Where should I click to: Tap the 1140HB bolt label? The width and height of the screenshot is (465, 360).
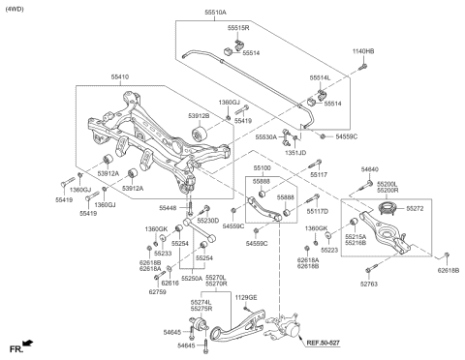point(362,50)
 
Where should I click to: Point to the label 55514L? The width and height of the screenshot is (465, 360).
point(320,76)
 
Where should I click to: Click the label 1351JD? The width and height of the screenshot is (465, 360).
point(295,152)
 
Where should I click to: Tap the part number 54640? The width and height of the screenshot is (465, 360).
point(370,170)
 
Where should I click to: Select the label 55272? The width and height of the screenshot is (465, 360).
point(416,208)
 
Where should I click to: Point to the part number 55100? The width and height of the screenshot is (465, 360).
point(262,168)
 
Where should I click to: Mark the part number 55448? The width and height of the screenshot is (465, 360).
point(169,208)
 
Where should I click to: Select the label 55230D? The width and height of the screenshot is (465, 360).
point(208,221)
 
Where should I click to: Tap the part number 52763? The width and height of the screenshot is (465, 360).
point(369,284)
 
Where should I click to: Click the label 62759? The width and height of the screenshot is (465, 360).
point(159,291)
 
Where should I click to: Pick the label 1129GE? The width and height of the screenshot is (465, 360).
point(247,298)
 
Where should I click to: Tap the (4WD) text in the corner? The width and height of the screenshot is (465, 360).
point(16,9)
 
